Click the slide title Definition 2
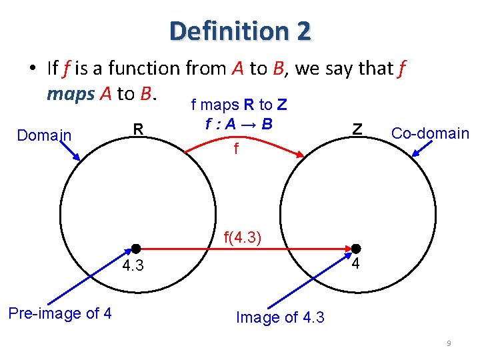tap(240, 31)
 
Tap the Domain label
tap(44, 135)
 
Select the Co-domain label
tap(430, 133)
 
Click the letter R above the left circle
tap(138, 128)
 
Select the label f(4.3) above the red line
tap(242, 237)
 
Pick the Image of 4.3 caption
tap(280, 317)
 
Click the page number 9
tap(449, 343)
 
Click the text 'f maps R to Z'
tap(239, 105)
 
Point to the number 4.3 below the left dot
tap(132, 267)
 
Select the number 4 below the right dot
tap(356, 264)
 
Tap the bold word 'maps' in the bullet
tap(71, 93)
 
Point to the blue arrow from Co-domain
tap(421, 148)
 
